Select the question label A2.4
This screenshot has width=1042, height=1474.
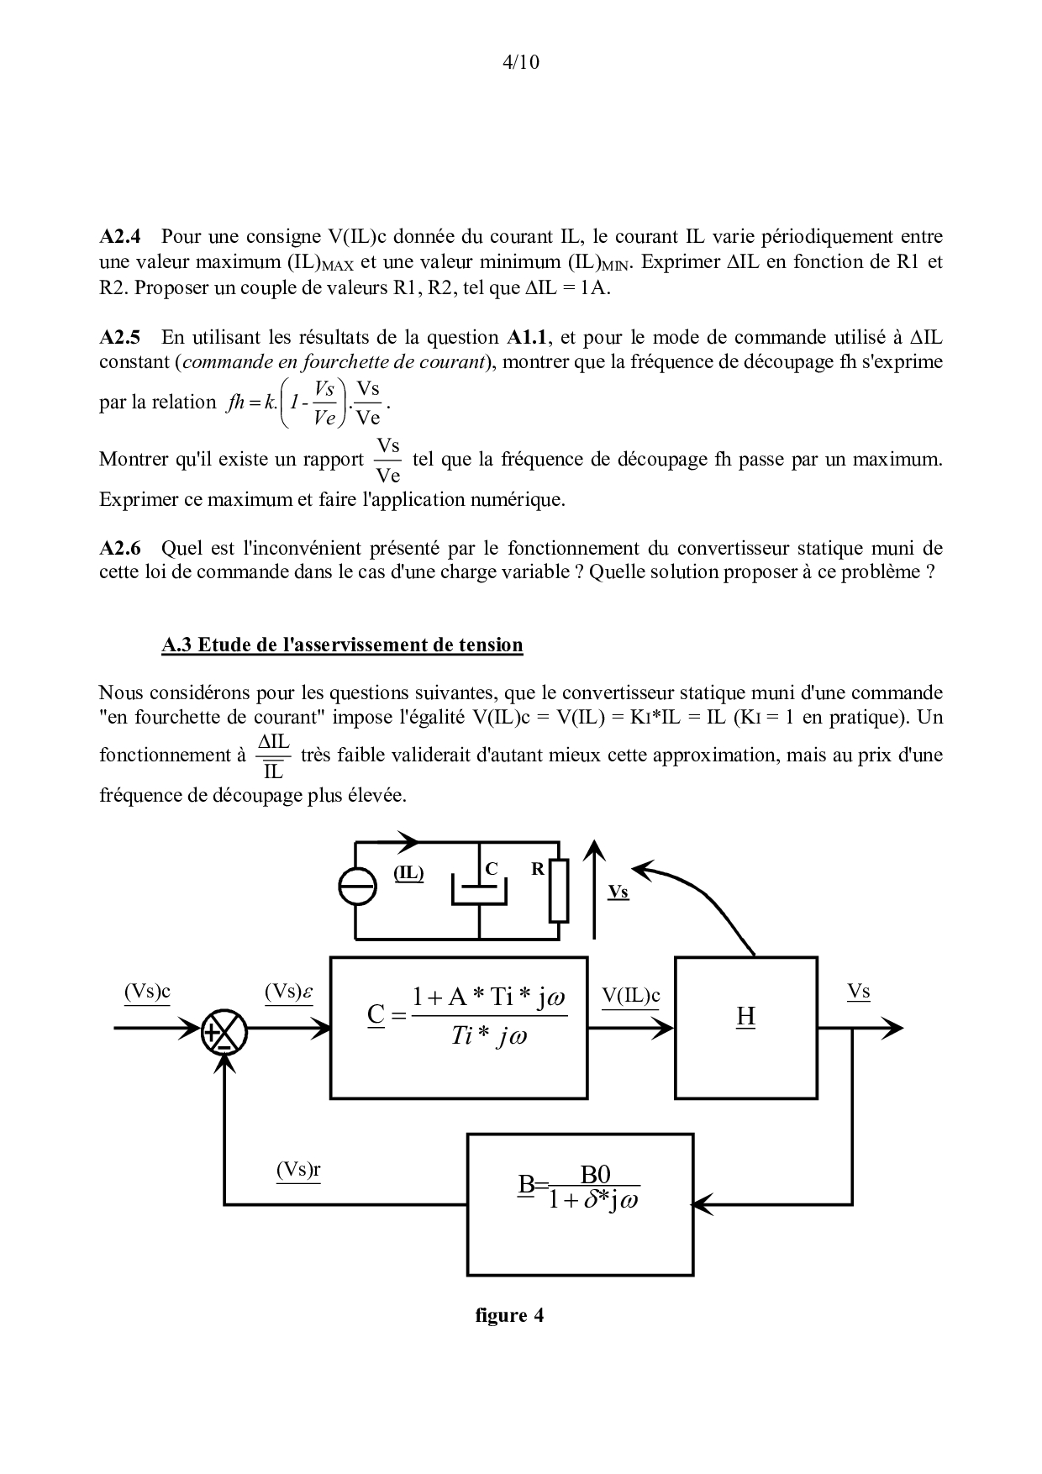click(x=122, y=236)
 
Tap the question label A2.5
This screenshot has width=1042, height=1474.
click(x=122, y=337)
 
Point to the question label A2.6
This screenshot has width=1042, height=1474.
click(x=122, y=548)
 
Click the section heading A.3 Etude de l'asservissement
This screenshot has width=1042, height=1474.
click(x=342, y=645)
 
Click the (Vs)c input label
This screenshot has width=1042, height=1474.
click(x=147, y=992)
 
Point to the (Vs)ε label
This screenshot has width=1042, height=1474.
click(x=288, y=992)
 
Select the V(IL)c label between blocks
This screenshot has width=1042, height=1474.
click(x=631, y=996)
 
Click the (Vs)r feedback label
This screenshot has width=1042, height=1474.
click(x=298, y=1170)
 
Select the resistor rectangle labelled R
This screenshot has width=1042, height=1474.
click(x=559, y=890)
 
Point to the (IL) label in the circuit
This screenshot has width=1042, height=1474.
click(x=409, y=873)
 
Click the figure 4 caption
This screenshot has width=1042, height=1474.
click(x=509, y=1315)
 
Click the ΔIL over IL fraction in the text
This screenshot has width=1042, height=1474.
click(x=274, y=755)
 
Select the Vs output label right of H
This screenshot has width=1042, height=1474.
click(x=858, y=992)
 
